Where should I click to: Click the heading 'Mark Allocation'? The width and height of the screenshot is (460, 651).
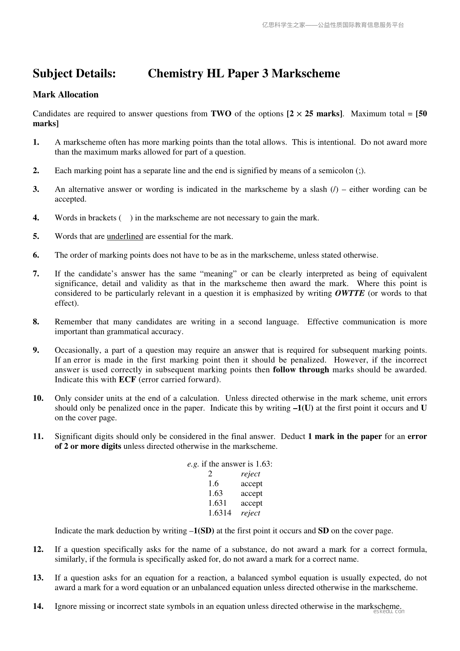click(66, 95)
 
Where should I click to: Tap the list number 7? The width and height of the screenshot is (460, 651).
click(36, 274)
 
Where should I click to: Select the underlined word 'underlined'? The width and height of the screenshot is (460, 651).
click(125, 236)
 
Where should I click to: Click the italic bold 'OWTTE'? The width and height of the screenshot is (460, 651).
click(350, 293)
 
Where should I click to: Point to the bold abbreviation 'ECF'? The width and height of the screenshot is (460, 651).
click(127, 379)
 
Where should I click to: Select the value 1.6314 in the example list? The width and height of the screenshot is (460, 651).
click(219, 513)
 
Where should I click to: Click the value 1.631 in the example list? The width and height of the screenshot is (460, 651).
click(217, 503)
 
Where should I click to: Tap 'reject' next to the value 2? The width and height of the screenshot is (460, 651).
click(250, 474)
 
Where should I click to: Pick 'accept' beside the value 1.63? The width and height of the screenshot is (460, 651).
click(251, 493)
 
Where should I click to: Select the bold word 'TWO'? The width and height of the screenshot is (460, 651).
click(221, 114)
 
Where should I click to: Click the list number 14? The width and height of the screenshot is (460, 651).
click(38, 606)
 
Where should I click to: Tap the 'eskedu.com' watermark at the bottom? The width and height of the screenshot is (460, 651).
click(389, 612)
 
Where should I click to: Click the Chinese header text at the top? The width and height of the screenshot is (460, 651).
click(333, 25)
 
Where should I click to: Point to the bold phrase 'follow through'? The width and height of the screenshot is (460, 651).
click(301, 370)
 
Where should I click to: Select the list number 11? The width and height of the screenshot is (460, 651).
click(38, 436)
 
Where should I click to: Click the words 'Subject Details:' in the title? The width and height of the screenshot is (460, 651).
click(74, 73)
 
